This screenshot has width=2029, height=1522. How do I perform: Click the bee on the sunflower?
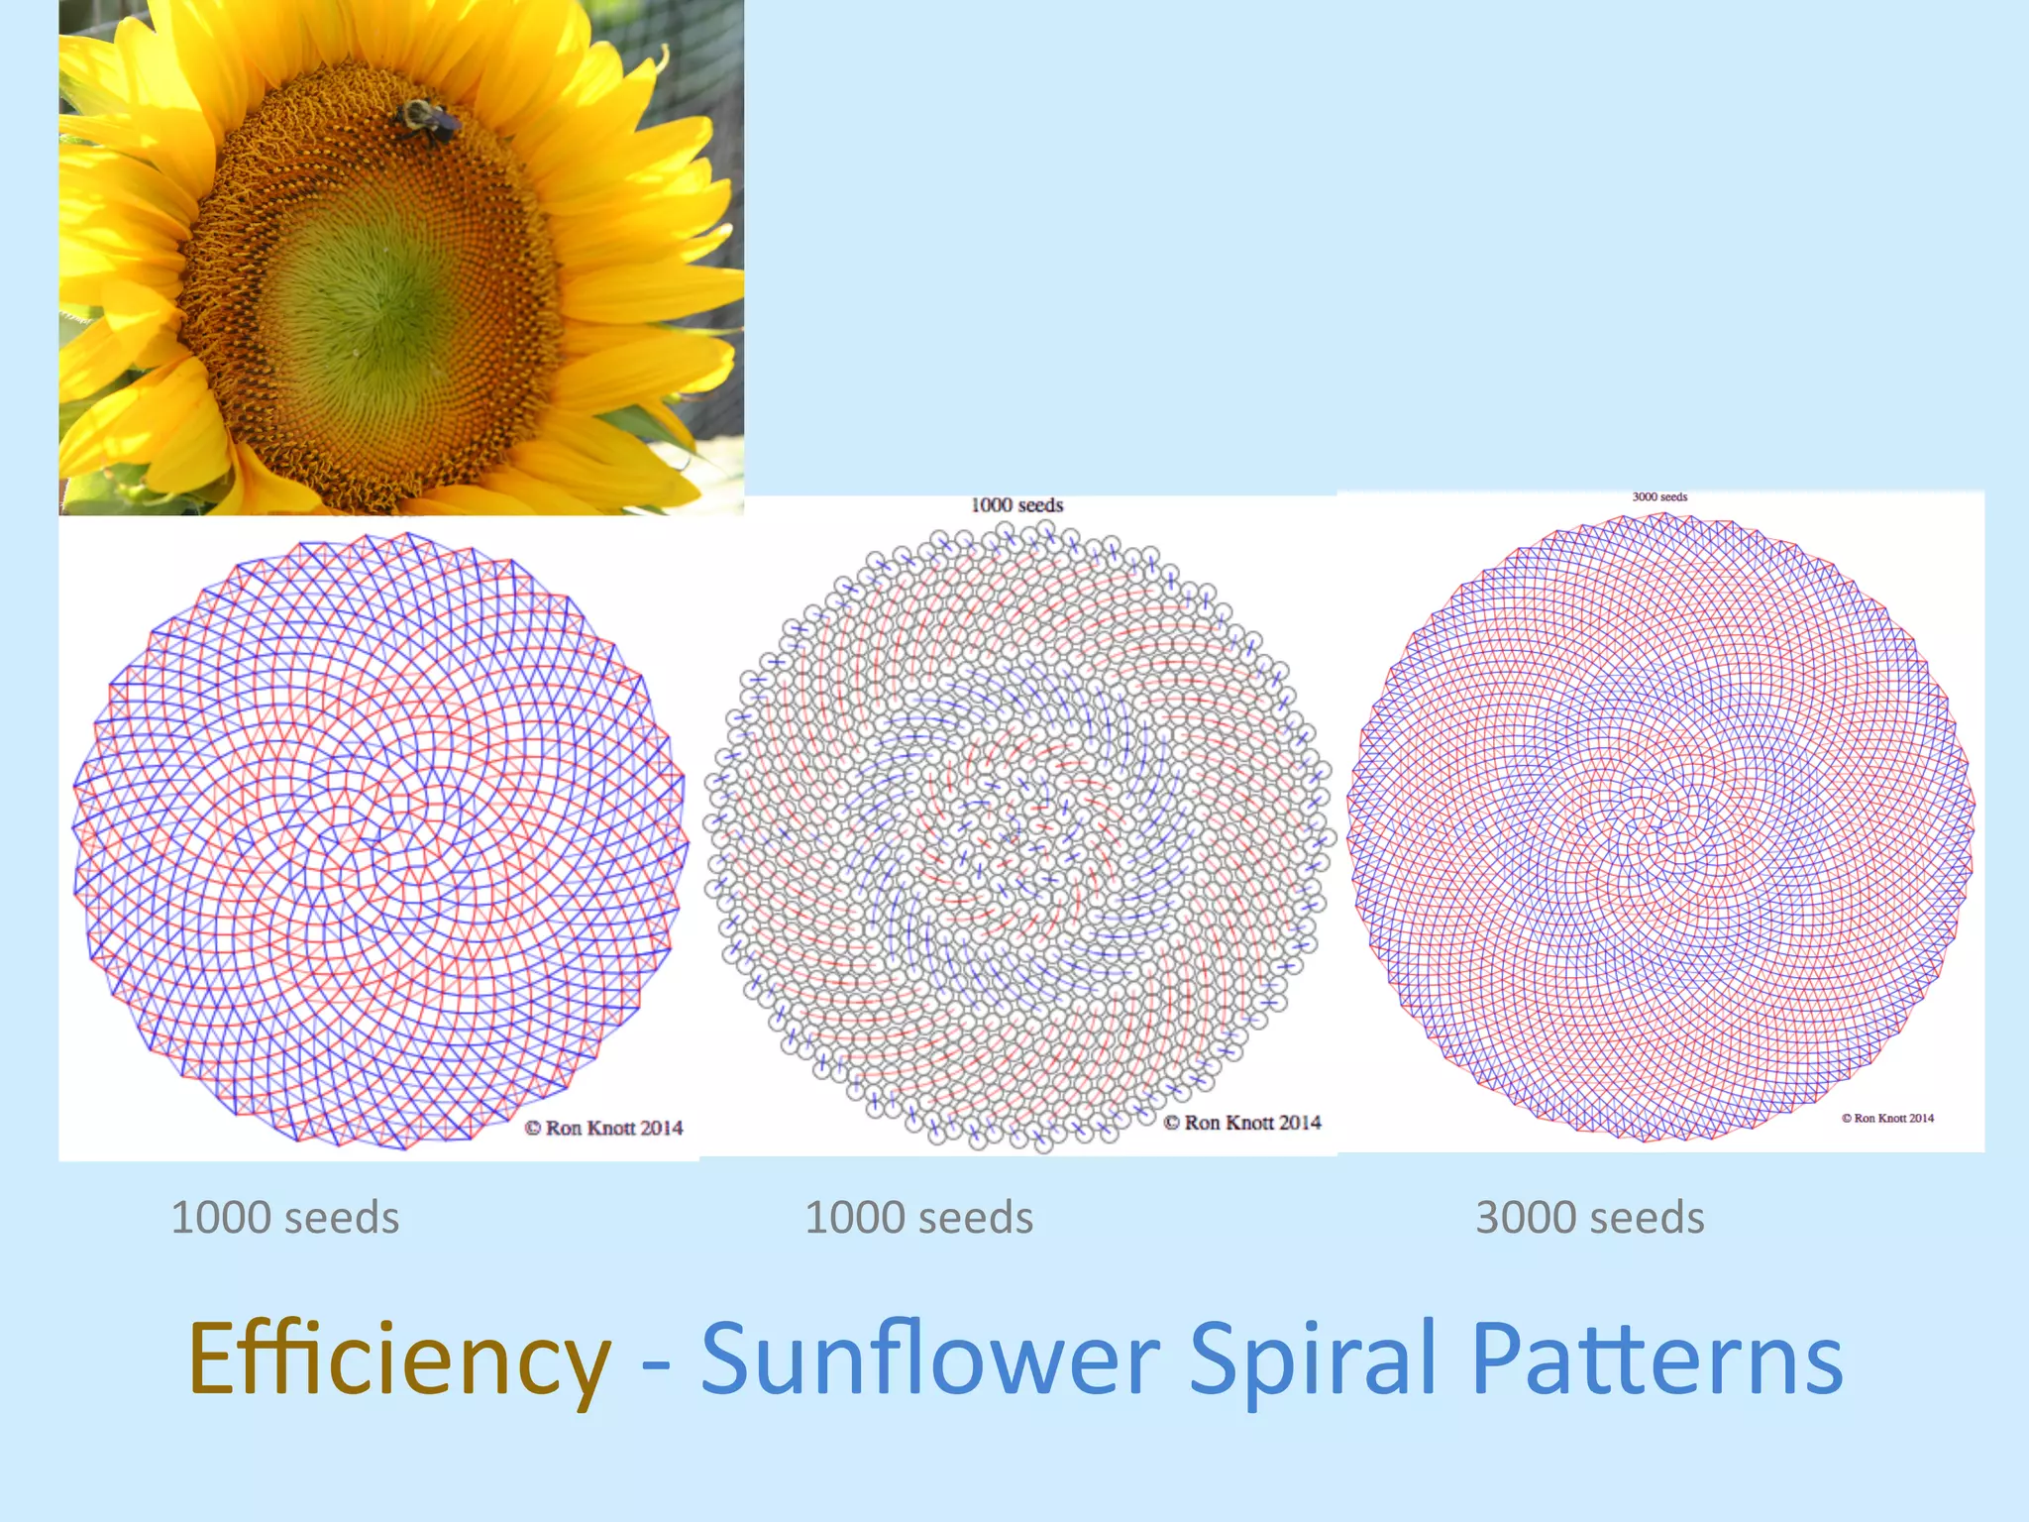(429, 121)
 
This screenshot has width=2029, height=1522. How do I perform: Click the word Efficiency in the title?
(399, 1359)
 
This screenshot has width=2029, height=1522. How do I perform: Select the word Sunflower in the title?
(930, 1359)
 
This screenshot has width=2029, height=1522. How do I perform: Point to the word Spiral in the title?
(1313, 1359)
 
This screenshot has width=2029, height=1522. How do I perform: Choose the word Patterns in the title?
(1656, 1359)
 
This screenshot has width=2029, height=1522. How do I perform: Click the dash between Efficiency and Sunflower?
(656, 1365)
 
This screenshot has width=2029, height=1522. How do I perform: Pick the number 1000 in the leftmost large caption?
(221, 1218)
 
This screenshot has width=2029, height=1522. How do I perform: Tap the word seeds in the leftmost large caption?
(342, 1218)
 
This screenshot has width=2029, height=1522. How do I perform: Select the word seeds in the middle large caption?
(976, 1218)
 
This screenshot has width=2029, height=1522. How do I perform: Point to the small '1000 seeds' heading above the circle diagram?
(1016, 505)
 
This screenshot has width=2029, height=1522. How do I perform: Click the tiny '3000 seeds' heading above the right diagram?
(1659, 497)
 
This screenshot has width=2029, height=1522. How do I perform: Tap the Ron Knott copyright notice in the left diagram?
(603, 1128)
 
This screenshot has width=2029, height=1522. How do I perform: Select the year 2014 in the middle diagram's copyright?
(1299, 1123)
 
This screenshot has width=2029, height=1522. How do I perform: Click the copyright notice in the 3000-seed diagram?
(1887, 1118)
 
